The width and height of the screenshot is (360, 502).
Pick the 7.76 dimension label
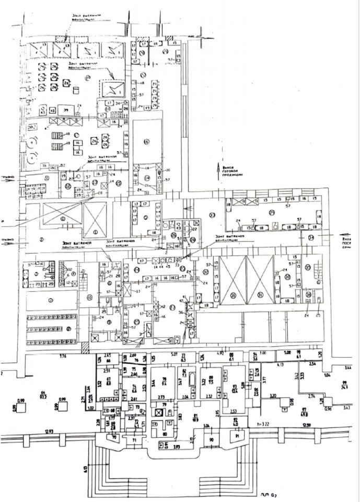pos(48,357)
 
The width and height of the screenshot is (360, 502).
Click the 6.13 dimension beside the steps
pos(85,467)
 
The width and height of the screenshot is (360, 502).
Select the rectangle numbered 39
pos(66,111)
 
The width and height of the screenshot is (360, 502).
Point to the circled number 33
pos(212,214)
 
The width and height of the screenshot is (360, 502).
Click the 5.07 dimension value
pos(173,355)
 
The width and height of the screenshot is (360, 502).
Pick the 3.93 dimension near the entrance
pos(177,447)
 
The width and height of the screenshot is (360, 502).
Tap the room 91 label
pos(236,435)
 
